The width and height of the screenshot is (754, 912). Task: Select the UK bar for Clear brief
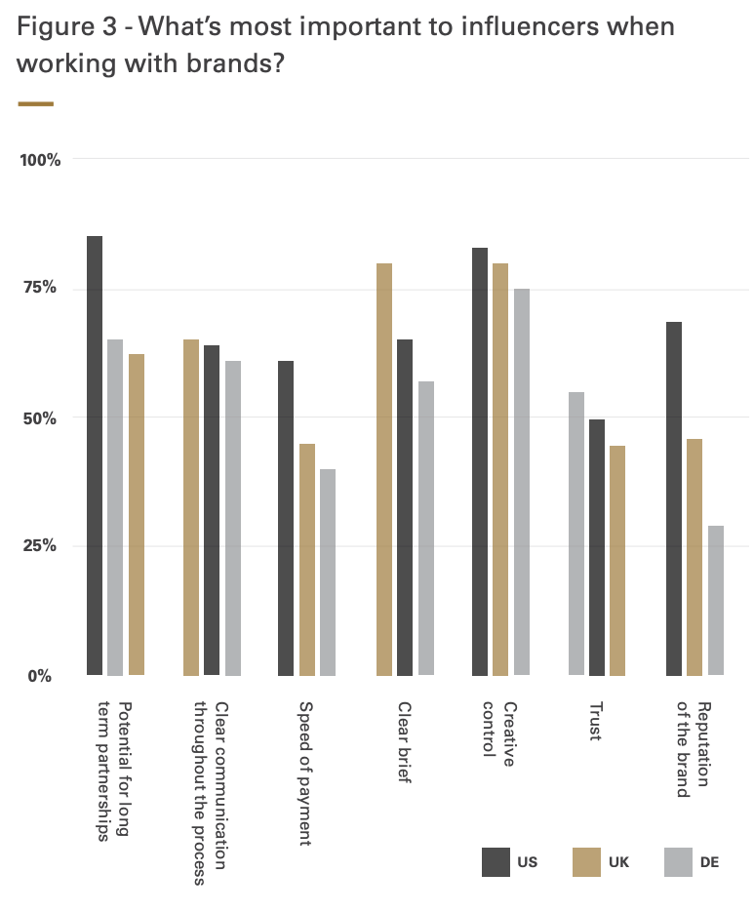pyautogui.click(x=384, y=469)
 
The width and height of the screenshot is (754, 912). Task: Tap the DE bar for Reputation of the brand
pyautogui.click(x=716, y=600)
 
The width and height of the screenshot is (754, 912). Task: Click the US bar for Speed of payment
pyautogui.click(x=286, y=518)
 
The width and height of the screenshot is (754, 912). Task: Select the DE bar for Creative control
pyautogui.click(x=522, y=482)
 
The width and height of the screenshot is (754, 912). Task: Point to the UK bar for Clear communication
pyautogui.click(x=191, y=507)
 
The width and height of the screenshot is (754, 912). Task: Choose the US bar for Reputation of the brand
pyautogui.click(x=673, y=498)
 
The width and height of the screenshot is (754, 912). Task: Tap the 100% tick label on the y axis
pyautogui.click(x=41, y=160)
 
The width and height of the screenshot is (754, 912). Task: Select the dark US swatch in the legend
pyautogui.click(x=496, y=862)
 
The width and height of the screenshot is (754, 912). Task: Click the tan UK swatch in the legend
pyautogui.click(x=586, y=862)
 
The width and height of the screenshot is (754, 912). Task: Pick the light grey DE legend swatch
pyautogui.click(x=677, y=862)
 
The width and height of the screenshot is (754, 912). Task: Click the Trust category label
pyautogui.click(x=595, y=720)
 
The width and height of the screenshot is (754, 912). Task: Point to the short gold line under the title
pyautogui.click(x=36, y=103)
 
